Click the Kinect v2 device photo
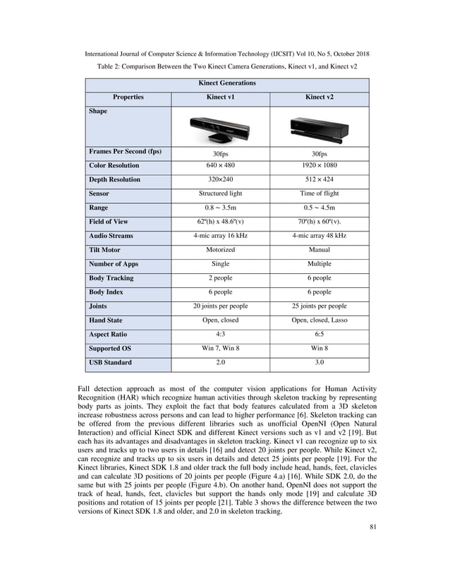(319, 128)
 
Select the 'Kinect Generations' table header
(227, 83)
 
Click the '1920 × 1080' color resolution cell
(319, 165)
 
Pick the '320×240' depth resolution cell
(220, 179)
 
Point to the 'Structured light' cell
(220, 193)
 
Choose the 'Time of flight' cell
(319, 193)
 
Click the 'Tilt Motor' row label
(104, 250)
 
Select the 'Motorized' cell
(220, 250)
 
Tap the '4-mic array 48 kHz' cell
(319, 236)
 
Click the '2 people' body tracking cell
(220, 278)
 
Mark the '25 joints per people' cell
(319, 306)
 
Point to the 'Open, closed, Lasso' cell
(319, 320)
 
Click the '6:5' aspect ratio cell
(319, 335)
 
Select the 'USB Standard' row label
(110, 363)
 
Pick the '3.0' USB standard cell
(319, 363)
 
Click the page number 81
(363, 545)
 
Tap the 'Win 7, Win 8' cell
(220, 349)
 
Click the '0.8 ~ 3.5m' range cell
(220, 208)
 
